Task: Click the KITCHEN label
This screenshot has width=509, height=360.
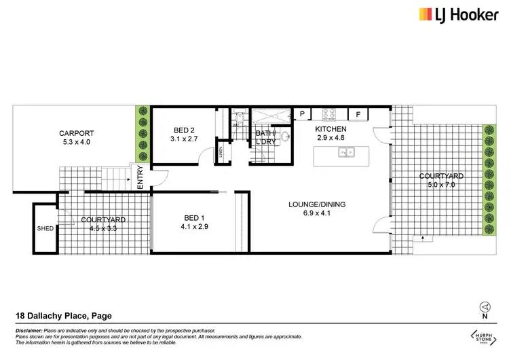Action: [x=331, y=129]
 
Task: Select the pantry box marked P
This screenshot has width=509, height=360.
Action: [x=301, y=113]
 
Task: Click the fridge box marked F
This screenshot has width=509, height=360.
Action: [x=358, y=113]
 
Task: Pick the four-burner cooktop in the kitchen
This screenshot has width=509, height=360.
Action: [x=328, y=113]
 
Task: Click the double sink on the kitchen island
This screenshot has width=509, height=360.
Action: [x=345, y=154]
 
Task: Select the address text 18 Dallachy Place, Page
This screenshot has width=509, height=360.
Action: [x=63, y=315]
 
